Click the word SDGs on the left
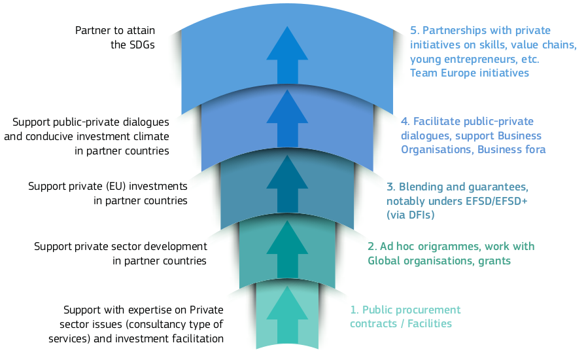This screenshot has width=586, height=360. coord(141,45)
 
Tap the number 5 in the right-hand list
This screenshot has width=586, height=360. coord(413,31)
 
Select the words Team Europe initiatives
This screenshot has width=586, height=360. coord(469,73)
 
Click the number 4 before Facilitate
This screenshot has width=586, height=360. coord(404,122)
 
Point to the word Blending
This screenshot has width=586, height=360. coord(420,187)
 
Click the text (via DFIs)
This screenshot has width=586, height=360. coord(410,215)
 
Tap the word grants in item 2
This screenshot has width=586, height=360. coord(494,261)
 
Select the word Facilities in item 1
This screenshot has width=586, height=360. coord(428,323)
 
